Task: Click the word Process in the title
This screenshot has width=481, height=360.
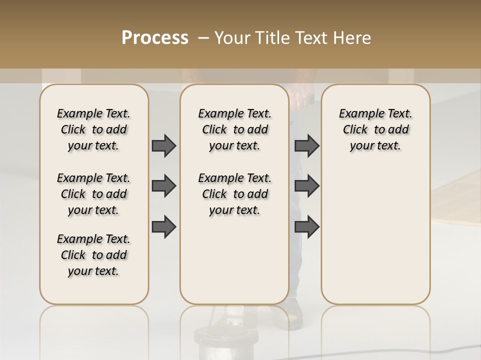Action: (155, 38)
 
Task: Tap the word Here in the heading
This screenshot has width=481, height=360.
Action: (353, 38)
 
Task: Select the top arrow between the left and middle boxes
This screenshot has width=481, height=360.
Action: (164, 145)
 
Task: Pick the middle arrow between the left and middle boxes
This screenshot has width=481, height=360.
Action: (164, 186)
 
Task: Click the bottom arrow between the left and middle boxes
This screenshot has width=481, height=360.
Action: (164, 227)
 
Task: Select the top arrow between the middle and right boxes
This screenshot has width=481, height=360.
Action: (307, 145)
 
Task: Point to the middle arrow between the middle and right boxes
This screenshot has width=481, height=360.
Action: (307, 186)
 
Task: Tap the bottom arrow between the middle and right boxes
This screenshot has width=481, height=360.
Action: (307, 227)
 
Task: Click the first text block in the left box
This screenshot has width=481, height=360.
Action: (94, 129)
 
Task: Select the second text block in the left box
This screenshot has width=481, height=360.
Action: (94, 194)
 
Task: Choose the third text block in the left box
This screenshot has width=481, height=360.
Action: (94, 255)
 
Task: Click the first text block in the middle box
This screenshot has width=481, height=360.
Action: (234, 129)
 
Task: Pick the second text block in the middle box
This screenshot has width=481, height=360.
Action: (234, 194)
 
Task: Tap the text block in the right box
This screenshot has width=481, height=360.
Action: (375, 129)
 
